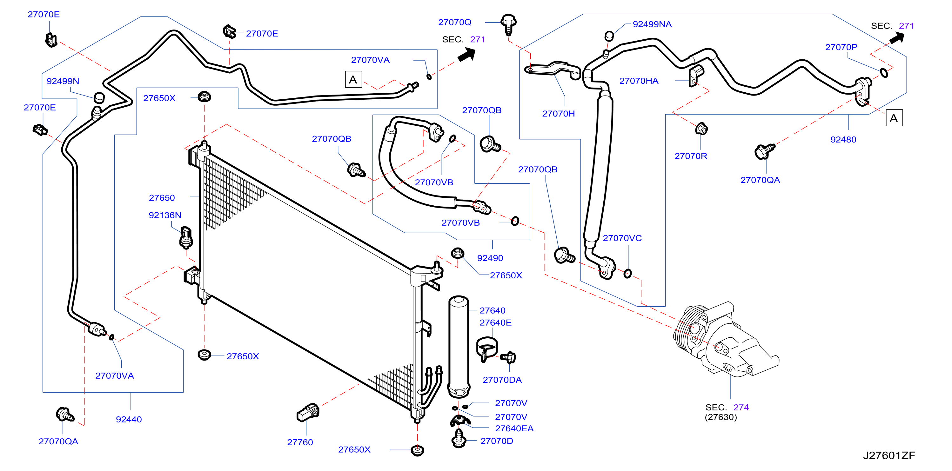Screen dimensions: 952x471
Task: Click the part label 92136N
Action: coord(165,215)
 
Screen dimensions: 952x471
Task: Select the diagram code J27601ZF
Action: coord(889,455)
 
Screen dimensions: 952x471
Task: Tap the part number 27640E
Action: coord(495,322)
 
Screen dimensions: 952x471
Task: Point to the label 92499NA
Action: coord(652,24)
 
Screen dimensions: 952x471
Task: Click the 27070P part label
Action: coord(841,47)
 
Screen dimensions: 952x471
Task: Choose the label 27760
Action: coord(300,442)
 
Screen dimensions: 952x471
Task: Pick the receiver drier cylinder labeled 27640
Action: coord(459,347)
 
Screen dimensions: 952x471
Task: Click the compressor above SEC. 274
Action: coord(724,340)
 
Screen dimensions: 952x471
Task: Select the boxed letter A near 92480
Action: coord(894,118)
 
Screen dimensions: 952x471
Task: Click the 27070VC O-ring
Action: coord(627,273)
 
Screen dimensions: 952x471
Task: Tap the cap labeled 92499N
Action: coord(99,97)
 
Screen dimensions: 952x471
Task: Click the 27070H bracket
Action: coord(553,69)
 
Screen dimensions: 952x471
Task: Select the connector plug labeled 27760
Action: coord(308,413)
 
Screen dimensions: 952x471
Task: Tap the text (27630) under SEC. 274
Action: coord(721,417)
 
